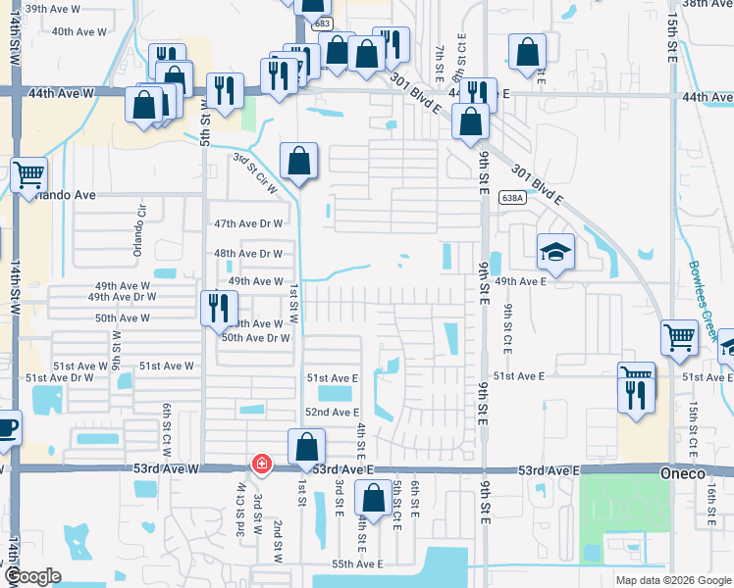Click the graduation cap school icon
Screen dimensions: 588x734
(x=555, y=252)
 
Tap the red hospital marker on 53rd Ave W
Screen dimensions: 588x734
(x=261, y=464)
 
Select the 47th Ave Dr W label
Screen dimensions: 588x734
(x=248, y=223)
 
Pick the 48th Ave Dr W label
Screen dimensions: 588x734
(x=248, y=253)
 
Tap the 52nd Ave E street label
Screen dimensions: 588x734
(x=332, y=413)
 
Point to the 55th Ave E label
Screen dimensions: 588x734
(x=356, y=564)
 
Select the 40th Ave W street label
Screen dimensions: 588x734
(x=79, y=31)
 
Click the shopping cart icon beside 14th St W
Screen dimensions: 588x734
(x=29, y=174)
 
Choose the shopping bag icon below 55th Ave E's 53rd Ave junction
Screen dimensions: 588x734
(x=372, y=499)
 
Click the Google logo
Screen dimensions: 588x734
(x=32, y=577)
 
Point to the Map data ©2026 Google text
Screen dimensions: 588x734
(x=672, y=580)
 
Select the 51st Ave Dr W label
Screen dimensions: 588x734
(x=60, y=377)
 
